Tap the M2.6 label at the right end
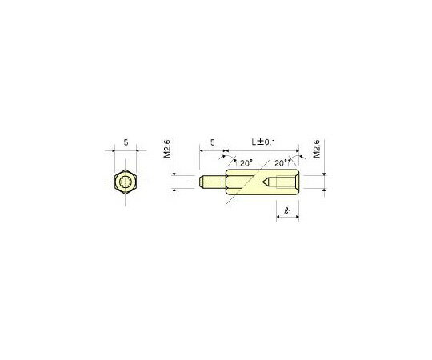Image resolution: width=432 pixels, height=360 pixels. pos(318,150)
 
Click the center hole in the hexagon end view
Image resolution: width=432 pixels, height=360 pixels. pos(126,183)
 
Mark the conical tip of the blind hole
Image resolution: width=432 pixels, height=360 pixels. pos(266,183)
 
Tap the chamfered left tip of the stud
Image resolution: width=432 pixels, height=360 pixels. pos(198,183)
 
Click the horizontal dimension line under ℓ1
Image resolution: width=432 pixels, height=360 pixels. pos(287,221)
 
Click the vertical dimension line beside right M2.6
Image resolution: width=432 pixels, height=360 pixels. pos(324,183)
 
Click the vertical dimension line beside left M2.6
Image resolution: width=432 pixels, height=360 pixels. pos(174,183)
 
